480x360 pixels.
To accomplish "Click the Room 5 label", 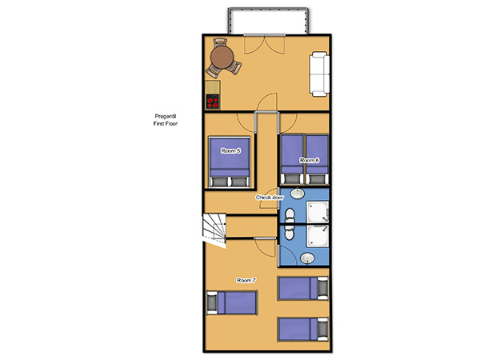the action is [231, 150].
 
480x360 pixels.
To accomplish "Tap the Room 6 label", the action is [310, 160].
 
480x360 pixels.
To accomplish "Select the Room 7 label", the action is [246, 280].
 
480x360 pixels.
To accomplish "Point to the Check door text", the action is [270, 198].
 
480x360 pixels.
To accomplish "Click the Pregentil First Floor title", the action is [166, 120].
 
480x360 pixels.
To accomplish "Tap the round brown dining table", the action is [222, 58].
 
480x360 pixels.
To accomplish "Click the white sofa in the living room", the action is [319, 74].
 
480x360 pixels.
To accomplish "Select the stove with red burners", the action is [213, 102].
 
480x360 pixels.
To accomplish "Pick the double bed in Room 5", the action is [230, 162].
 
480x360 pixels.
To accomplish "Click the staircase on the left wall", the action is [214, 230].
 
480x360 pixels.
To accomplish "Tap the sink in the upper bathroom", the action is [297, 193].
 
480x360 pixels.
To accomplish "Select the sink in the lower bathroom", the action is [307, 258].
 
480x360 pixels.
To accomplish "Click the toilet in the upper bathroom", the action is [290, 216].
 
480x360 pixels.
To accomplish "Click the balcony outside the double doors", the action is [268, 21].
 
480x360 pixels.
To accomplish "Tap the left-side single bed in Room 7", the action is [232, 302].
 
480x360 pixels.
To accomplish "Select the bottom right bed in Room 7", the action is [302, 330].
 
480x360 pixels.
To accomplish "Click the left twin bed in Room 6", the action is [292, 160].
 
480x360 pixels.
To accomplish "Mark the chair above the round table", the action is [220, 42].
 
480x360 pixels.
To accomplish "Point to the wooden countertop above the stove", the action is [213, 87].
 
